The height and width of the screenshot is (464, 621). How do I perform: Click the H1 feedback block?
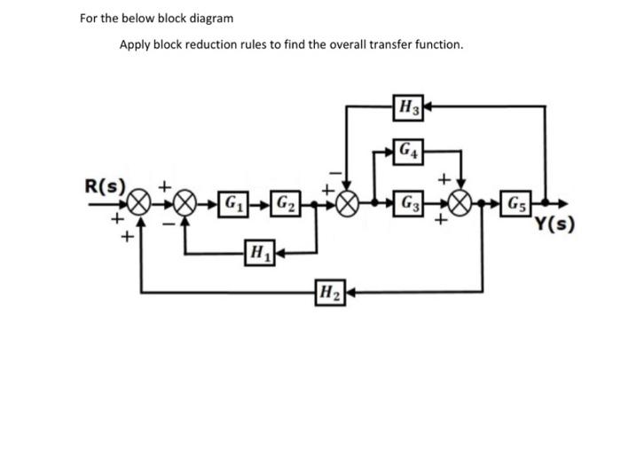pyautogui.click(x=258, y=253)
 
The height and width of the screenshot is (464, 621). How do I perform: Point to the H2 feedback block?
pyautogui.click(x=329, y=291)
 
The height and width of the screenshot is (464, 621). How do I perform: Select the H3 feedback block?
pyautogui.click(x=410, y=106)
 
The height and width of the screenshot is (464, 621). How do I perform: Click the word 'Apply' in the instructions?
pyautogui.click(x=136, y=44)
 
